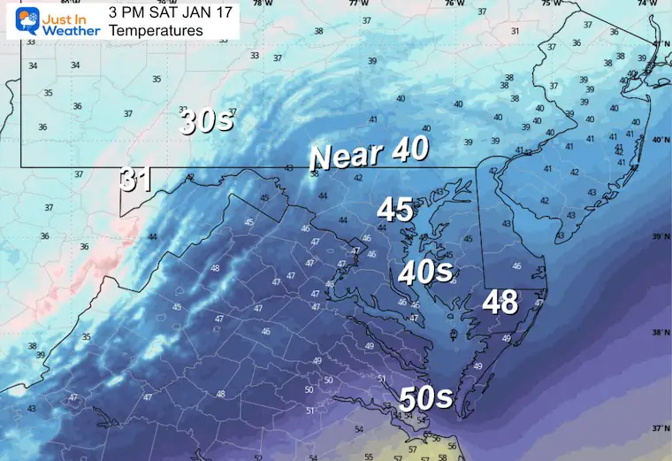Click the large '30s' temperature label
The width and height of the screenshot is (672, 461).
coord(207,121)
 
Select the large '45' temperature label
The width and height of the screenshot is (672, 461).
coord(395,210)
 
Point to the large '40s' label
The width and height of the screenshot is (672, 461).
coord(425,273)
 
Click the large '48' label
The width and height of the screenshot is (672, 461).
coord(500,303)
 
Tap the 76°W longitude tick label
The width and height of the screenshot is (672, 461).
coord(454,4)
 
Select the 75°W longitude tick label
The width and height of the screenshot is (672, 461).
coord(550,4)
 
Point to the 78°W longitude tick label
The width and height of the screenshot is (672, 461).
coord(262,4)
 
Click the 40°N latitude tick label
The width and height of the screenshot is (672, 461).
coord(660,140)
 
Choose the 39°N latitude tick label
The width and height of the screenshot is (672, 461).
coord(660,237)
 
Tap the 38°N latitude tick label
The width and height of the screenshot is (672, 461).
coord(660,333)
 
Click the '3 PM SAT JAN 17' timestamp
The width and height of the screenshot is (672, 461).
coord(164,12)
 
